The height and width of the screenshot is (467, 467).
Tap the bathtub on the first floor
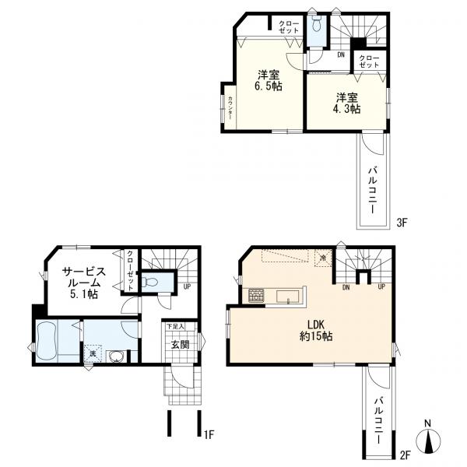pyautogui.click(x=47, y=341)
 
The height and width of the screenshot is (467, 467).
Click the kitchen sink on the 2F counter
pyautogui.click(x=287, y=297)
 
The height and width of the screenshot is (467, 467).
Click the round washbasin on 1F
pyautogui.click(x=117, y=356)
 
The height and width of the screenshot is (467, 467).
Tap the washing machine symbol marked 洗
pyautogui.click(x=93, y=353)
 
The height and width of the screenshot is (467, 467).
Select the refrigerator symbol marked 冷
pyautogui.click(x=323, y=258)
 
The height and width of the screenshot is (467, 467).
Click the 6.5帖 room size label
pyautogui.click(x=268, y=86)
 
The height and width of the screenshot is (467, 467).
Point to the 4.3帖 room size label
pyautogui.click(x=346, y=109)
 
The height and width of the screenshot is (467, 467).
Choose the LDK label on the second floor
pyautogui.click(x=316, y=324)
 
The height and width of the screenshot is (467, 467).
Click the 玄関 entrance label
pyautogui.click(x=180, y=345)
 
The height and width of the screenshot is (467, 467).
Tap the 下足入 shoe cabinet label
pyautogui.click(x=175, y=326)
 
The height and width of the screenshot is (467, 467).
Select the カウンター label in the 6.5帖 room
pyautogui.click(x=230, y=107)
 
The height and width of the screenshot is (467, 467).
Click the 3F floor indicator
pyautogui.click(x=402, y=223)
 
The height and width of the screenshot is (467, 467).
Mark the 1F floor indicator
pyautogui.click(x=209, y=434)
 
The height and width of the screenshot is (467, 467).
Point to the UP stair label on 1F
pyautogui.click(x=187, y=286)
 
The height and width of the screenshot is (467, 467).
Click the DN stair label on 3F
pyautogui.click(x=341, y=54)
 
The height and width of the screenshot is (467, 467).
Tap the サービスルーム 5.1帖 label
pyautogui.click(x=84, y=283)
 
